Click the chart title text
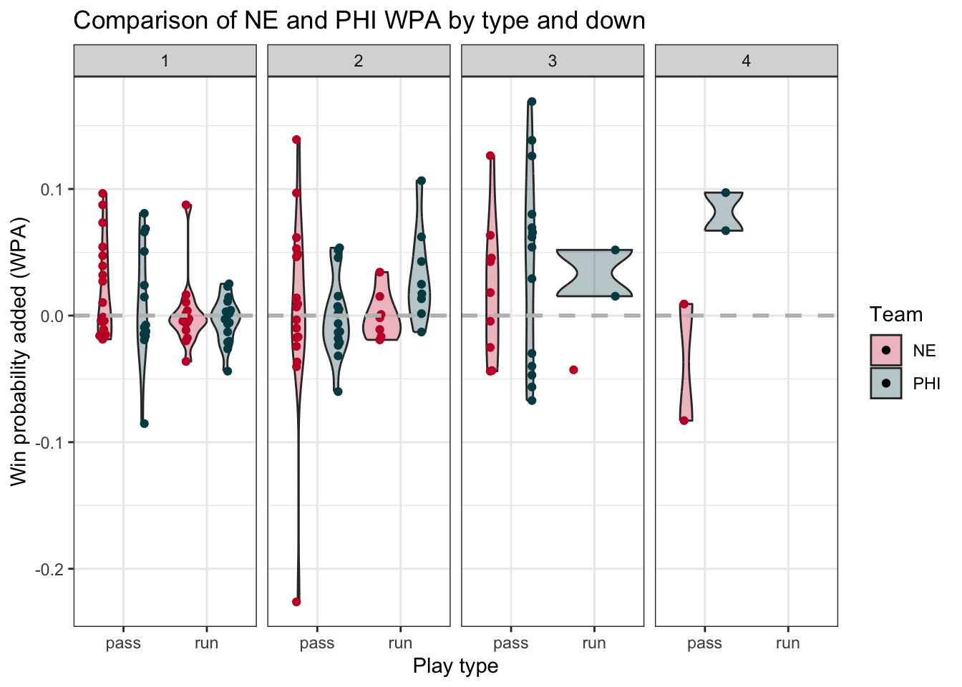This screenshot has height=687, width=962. point(359,20)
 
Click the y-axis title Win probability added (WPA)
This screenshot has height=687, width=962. point(19,351)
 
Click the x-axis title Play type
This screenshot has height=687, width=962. point(455,666)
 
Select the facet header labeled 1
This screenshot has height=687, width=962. point(165,61)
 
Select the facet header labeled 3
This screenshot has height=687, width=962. point(552,61)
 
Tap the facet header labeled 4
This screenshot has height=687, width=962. point(746,61)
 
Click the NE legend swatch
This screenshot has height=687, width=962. point(886,350)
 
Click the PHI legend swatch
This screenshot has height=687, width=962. point(886,383)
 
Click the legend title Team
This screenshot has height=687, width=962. point(895,315)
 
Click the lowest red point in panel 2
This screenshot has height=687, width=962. point(296,602)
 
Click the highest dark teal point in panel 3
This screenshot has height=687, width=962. point(532,102)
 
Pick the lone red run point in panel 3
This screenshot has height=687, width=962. point(573,370)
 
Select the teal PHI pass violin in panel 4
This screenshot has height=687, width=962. point(724,212)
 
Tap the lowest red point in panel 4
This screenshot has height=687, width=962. point(684,421)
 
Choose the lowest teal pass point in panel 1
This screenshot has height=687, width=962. point(144,424)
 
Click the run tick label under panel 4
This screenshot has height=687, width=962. point(787,643)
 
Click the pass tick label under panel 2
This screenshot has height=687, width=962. point(317,643)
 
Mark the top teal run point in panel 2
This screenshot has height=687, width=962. point(422,180)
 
